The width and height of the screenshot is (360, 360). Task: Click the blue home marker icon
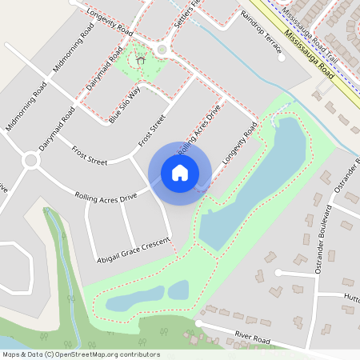pyautogui.click(x=180, y=173)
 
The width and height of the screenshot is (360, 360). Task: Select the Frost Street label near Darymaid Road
pyautogui.click(x=90, y=156)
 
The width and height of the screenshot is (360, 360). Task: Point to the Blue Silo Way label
pyautogui.click(x=125, y=103)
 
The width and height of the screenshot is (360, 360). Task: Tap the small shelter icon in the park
pyautogui.click(x=141, y=59)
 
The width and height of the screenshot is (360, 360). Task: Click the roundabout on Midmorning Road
pyautogui.click(x=30, y=161)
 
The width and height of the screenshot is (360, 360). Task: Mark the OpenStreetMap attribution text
pyautogui.click(x=81, y=354)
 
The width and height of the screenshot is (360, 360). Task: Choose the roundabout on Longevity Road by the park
pyautogui.click(x=162, y=50)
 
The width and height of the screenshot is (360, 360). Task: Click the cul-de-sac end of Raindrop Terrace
pyautogui.click(x=280, y=58)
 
